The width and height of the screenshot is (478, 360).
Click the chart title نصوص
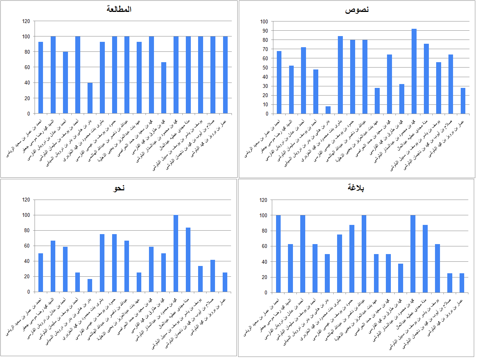click(x=357, y=10)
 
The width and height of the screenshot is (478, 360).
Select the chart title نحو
click(x=119, y=188)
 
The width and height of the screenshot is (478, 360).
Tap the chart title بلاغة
click(x=356, y=188)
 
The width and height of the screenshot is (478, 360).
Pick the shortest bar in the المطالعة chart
click(x=90, y=98)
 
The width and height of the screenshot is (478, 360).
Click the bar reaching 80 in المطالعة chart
click(x=65, y=83)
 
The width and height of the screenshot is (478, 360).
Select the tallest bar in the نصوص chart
click(x=414, y=71)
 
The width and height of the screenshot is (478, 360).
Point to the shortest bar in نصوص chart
click(x=328, y=110)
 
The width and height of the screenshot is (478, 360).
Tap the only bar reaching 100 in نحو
click(x=176, y=253)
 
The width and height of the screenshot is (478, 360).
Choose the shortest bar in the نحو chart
click(x=90, y=285)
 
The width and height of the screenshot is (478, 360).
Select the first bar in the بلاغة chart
click(x=278, y=254)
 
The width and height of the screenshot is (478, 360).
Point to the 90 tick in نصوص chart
click(x=264, y=31)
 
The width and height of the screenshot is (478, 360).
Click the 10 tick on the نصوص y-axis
click(x=264, y=104)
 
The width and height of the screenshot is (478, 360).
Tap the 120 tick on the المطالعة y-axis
click(x=26, y=21)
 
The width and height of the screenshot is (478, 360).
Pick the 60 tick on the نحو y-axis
click(x=26, y=246)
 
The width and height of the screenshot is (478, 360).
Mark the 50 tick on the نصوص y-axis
click(x=264, y=68)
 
